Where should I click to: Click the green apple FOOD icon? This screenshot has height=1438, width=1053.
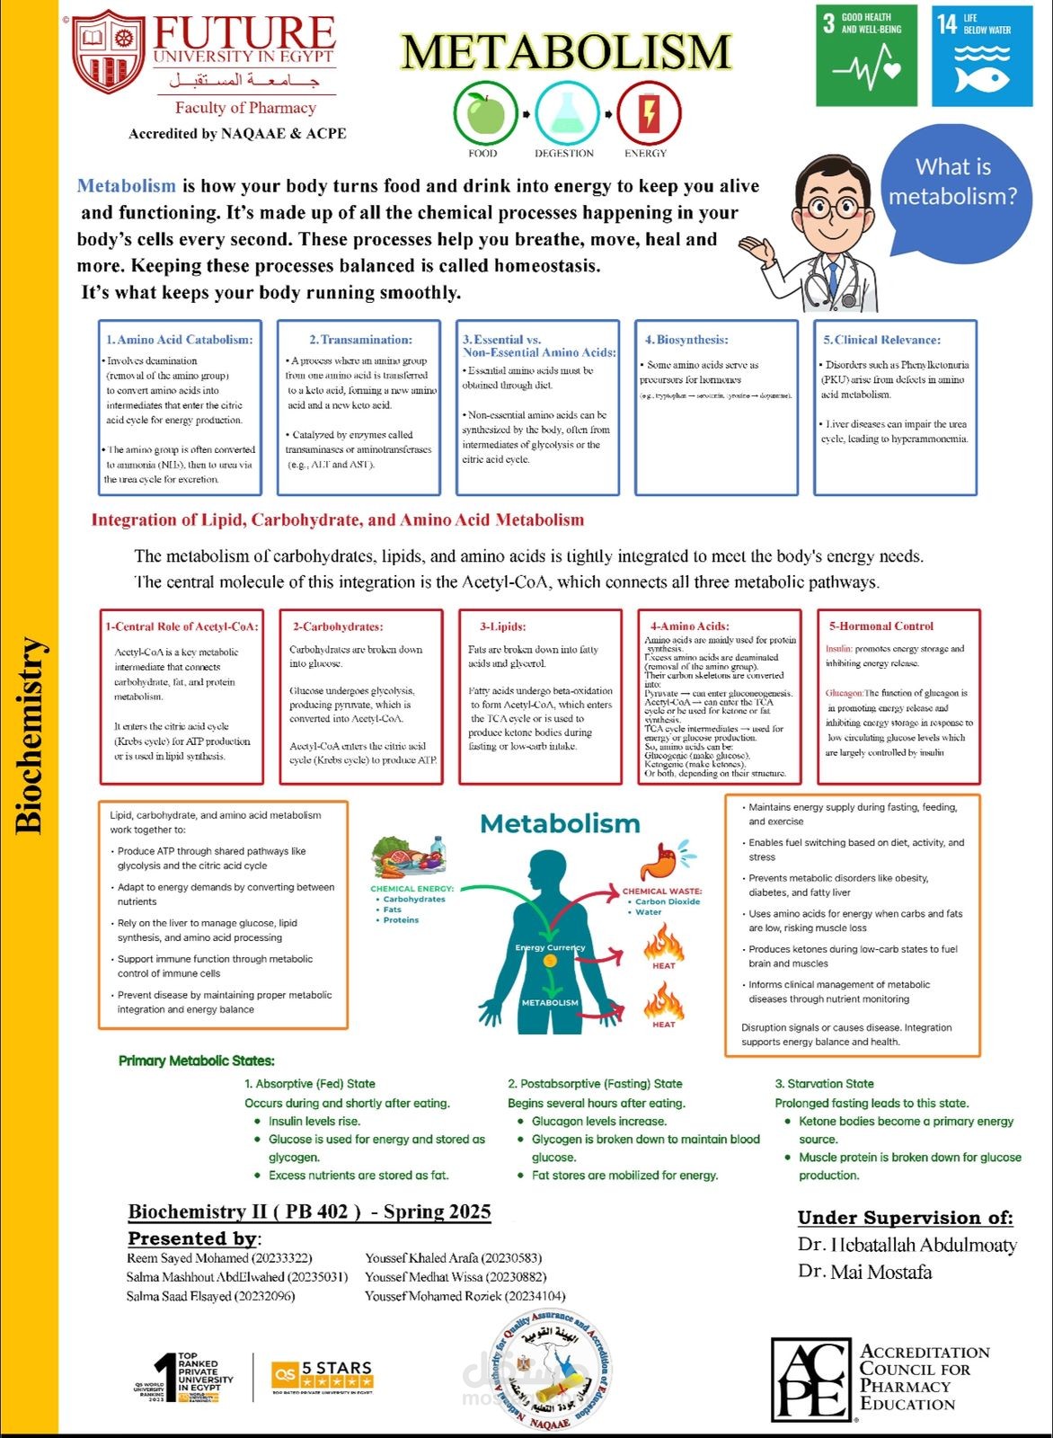485,113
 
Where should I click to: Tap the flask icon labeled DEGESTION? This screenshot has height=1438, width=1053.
566,113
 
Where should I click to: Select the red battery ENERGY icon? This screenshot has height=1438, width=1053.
647,113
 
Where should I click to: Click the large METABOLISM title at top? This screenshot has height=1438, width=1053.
566,52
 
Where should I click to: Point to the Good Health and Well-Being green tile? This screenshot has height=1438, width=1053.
866,56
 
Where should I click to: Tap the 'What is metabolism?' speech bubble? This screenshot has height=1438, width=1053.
954,183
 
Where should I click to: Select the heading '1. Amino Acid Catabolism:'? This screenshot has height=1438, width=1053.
179,340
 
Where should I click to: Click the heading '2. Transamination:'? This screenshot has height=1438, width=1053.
360,340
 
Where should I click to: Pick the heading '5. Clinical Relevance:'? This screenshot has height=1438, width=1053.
881,340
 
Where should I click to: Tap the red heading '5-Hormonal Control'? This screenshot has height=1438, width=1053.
880,626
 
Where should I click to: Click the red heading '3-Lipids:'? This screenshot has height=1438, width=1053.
502,626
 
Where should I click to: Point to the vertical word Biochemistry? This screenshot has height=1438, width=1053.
30,735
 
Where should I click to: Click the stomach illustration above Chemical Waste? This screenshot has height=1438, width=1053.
665,861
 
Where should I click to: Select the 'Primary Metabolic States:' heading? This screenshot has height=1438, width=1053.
197,1061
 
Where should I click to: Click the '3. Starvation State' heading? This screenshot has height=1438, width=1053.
824,1084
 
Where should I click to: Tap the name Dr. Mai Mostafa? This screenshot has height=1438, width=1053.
864,1273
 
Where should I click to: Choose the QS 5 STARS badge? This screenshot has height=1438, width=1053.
322,1374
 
